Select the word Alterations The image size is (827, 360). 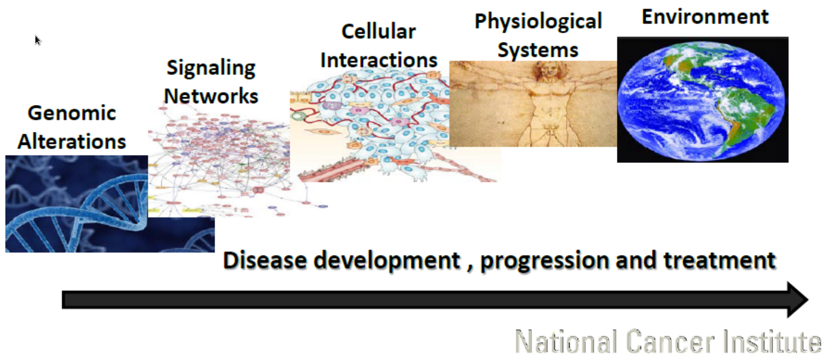tap(71, 142)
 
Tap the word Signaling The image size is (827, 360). tap(211, 69)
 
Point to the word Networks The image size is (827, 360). tap(211, 96)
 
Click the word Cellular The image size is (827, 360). tap(379, 31)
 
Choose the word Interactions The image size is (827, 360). tap(379, 60)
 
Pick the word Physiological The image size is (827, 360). tap(538, 22)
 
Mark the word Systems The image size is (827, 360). tap(538, 50)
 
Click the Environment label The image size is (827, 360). tap(705, 17)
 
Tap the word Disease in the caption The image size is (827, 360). tap(265, 260)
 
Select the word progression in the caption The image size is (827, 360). tap(544, 261)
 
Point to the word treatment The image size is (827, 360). tap(720, 260)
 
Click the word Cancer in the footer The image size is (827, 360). tap(670, 341)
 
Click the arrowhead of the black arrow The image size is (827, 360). tap(797, 299)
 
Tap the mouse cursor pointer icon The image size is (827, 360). tap(38, 40)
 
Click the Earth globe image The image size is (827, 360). tap(702, 101)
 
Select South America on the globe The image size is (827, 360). tap(742, 118)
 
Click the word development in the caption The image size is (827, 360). tap(387, 261)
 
